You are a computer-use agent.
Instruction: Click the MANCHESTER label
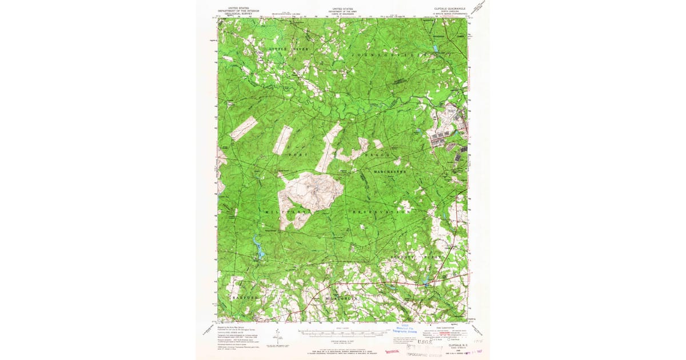(390, 171)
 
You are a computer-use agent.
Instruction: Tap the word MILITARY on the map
(287, 211)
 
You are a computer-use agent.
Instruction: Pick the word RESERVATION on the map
(382, 211)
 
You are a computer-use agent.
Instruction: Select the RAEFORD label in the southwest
(246, 298)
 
